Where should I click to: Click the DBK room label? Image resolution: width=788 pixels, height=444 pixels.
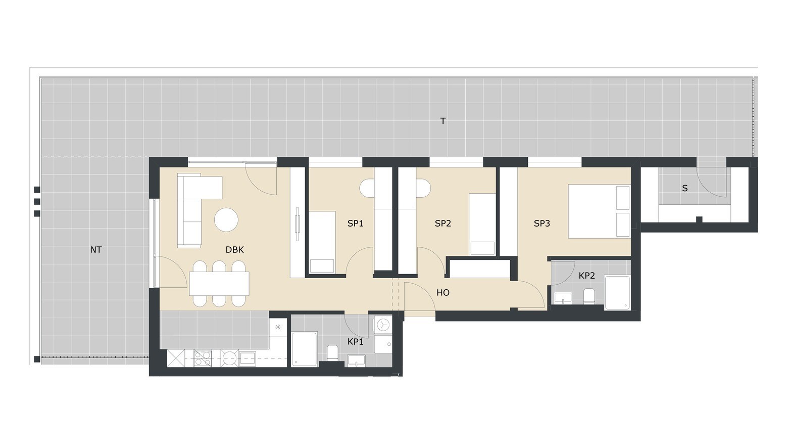pos(235,250)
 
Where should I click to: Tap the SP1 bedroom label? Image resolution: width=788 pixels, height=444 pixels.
pos(355,223)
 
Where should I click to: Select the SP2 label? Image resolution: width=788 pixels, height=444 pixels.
pos(443,223)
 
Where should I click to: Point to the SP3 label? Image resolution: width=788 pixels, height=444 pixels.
pos(541,223)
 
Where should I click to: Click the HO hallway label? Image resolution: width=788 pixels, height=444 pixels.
pos(443,293)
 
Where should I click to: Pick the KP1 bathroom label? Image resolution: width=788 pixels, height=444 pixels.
pos(355,341)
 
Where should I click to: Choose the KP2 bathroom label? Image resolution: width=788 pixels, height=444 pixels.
pos(587,276)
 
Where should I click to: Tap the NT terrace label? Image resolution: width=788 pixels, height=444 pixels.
pos(95,250)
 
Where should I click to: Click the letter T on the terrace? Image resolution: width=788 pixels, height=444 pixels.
pos(443,121)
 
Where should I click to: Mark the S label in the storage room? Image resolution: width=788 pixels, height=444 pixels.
pos(684,189)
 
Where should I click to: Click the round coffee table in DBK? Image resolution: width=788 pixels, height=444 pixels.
pos(226,219)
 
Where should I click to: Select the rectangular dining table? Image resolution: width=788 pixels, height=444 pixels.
pos(219,283)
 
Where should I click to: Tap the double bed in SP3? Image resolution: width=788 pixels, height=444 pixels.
pos(599,211)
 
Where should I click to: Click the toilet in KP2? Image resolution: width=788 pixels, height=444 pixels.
pos(589,296)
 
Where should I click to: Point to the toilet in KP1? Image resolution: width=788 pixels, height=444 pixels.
pos(332,353)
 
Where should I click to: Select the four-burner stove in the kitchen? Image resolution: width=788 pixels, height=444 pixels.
pos(203,358)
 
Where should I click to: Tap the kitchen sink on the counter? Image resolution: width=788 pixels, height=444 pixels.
pos(248,359)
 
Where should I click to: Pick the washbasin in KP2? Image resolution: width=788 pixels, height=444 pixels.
pos(563,298)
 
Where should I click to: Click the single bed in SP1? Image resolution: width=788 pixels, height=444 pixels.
pos(322,242)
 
